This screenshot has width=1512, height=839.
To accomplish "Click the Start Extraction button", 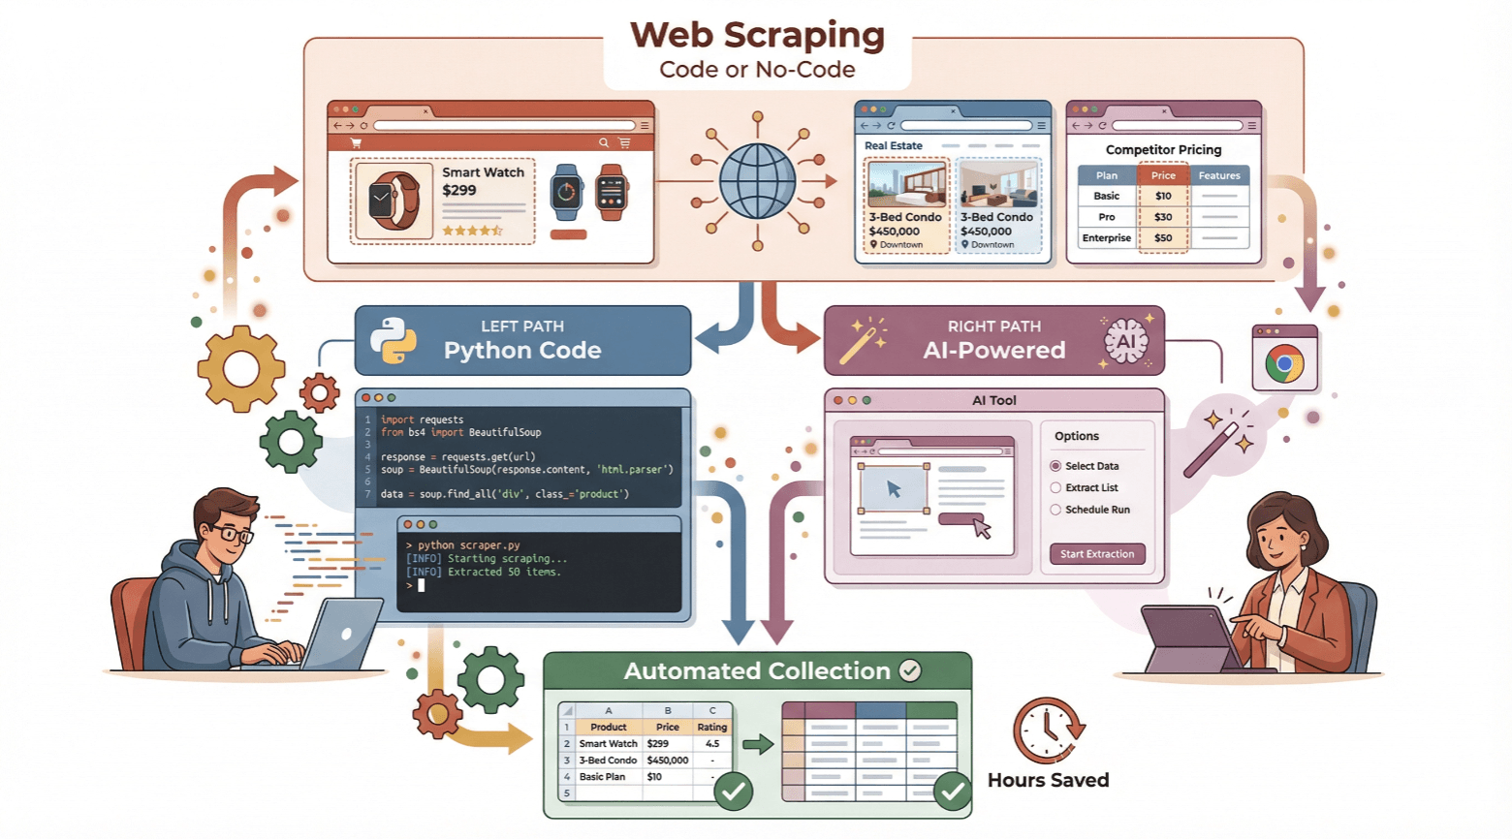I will click(1097, 554).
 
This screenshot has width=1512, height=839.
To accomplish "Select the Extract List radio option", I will click(1055, 488).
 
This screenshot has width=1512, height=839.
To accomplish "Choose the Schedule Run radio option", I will click(1055, 510).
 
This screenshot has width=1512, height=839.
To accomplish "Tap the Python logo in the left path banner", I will click(393, 341).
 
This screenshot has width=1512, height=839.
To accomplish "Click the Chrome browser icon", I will click(1284, 365).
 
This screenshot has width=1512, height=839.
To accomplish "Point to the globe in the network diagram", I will click(757, 182).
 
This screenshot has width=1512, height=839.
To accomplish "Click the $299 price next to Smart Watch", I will click(459, 190).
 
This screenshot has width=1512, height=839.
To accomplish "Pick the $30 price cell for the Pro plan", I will click(1163, 217).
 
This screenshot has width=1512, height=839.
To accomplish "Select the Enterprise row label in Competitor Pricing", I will click(1106, 238).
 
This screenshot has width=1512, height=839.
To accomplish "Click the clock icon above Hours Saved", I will click(1047, 730).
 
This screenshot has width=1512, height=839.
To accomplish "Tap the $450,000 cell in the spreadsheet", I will click(667, 761).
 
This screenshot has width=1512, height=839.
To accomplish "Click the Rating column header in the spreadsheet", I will click(711, 728).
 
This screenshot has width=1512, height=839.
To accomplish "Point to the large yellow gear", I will click(240, 369).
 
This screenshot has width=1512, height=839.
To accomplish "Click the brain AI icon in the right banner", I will click(1125, 341).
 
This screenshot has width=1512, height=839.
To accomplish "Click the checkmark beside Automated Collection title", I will click(910, 670).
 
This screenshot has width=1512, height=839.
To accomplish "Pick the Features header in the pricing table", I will click(1219, 176).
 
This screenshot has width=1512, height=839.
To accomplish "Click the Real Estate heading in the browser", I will click(893, 146).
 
